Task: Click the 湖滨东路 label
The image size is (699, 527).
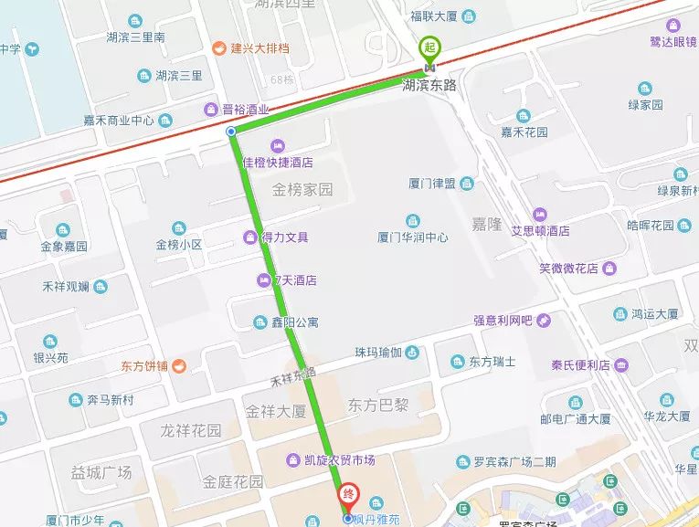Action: [429, 85]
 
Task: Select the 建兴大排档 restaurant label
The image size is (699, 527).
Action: [253, 47]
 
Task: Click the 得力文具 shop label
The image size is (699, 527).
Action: [284, 237]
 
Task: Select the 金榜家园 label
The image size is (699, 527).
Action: [302, 191]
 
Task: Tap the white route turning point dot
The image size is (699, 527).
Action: [230, 132]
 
